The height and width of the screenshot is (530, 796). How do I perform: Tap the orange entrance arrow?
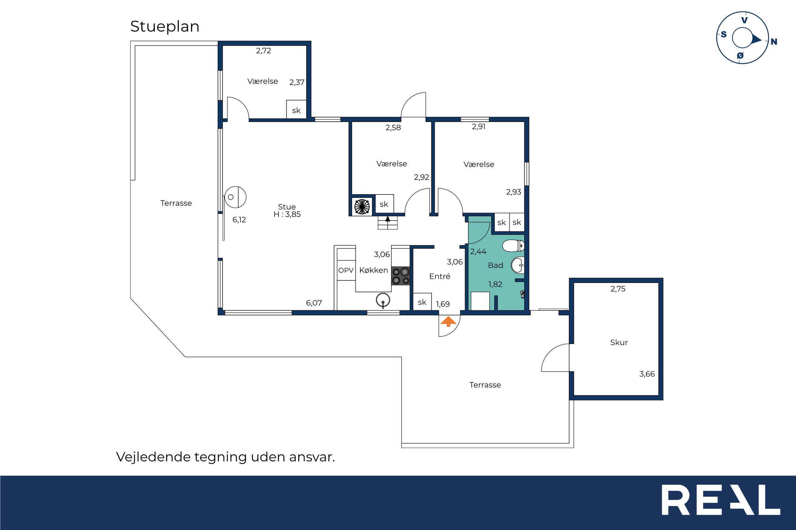(x=448, y=321)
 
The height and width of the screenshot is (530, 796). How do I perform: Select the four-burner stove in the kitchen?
(x=401, y=276)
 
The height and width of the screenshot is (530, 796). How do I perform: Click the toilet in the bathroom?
(x=513, y=246)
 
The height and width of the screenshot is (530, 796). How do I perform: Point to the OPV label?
(x=346, y=270)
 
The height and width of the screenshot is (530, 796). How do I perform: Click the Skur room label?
(x=619, y=343)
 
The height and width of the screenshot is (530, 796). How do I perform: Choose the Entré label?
(x=439, y=276)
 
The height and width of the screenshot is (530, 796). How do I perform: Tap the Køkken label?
(x=374, y=270)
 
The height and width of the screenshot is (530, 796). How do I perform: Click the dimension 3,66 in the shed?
(x=647, y=374)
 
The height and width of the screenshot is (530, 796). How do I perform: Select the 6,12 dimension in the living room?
(x=239, y=220)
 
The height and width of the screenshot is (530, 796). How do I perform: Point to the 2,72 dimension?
(x=264, y=51)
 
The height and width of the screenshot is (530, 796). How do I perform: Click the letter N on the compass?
(x=774, y=42)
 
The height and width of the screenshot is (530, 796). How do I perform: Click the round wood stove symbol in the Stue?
(x=235, y=197)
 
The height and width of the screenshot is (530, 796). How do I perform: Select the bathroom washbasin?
(x=518, y=265)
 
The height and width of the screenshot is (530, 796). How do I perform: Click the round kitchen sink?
(x=383, y=300)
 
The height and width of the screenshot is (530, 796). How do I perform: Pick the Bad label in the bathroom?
(x=495, y=265)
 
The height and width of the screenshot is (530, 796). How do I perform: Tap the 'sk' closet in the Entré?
(x=422, y=302)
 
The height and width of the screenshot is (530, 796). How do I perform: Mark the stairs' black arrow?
(x=388, y=219)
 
